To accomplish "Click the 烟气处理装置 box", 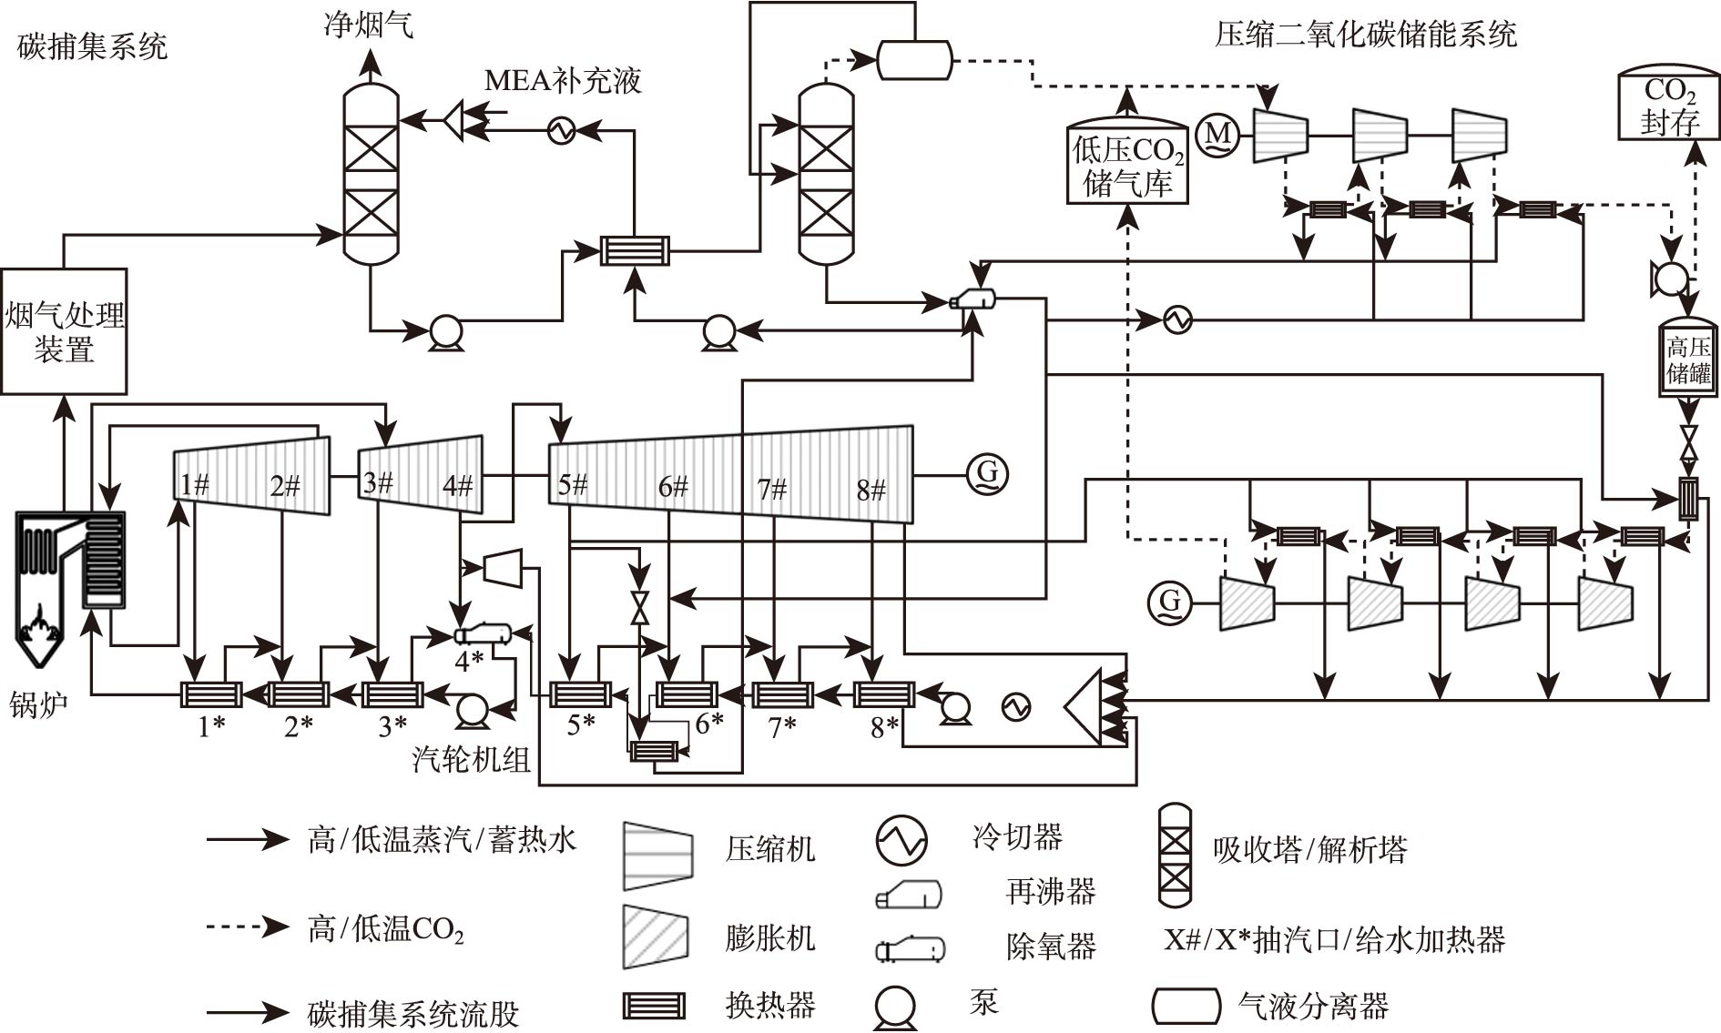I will pyautogui.click(x=64, y=331).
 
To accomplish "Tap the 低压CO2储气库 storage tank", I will pyautogui.click(x=1127, y=164).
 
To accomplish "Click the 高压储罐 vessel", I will pyautogui.click(x=1688, y=359).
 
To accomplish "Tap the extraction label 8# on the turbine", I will pyautogui.click(x=871, y=491).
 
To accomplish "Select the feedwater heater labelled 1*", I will pyautogui.click(x=210, y=694).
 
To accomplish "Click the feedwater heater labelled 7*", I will pyautogui.click(x=782, y=694).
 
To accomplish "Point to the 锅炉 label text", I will pyautogui.click(x=38, y=704).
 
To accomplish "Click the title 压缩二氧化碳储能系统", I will pyautogui.click(x=1365, y=35).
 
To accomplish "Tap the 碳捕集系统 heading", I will pyautogui.click(x=92, y=46).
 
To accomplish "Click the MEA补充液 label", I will pyautogui.click(x=562, y=80).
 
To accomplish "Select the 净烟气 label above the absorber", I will pyautogui.click(x=369, y=24).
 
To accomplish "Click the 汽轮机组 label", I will pyautogui.click(x=471, y=758).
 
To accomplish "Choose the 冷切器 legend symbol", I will pyautogui.click(x=901, y=839).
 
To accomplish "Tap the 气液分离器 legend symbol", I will pyautogui.click(x=1186, y=1006).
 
